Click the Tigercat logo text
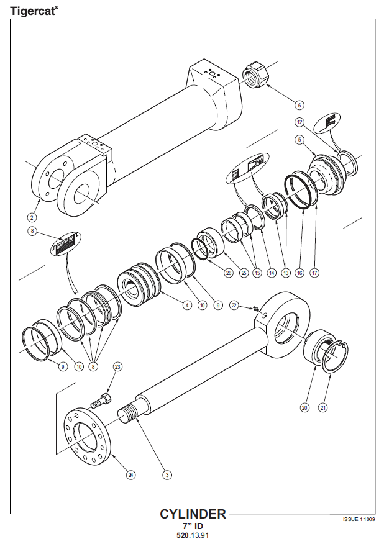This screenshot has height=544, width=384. click(x=34, y=10)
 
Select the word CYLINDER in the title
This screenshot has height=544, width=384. click(x=193, y=514)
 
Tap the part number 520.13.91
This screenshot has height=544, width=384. click(x=193, y=535)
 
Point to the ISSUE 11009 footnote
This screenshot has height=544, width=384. click(x=359, y=519)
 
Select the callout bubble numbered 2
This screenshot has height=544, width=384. click(x=32, y=217)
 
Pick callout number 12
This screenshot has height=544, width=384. click(x=299, y=122)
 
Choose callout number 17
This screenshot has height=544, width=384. click(x=314, y=273)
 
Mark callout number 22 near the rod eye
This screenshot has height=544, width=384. click(x=234, y=305)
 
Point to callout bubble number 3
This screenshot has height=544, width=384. click(x=167, y=475)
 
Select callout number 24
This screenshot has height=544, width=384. click(x=130, y=475)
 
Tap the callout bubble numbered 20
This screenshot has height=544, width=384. click(x=304, y=407)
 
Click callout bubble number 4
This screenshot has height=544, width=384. click(x=186, y=305)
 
